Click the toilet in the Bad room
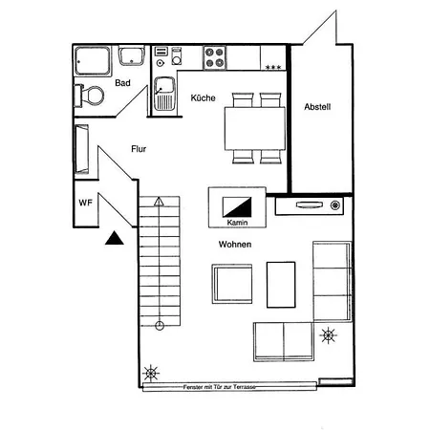90,96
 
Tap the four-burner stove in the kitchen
214,57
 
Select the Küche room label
203,97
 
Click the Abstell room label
317,107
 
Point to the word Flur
139,149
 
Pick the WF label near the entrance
85,203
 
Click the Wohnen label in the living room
235,245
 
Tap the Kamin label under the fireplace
237,223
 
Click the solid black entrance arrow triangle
115,238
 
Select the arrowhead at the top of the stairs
159,202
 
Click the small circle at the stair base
160,326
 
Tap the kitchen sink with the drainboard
164,94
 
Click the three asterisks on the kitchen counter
273,67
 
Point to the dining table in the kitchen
255,128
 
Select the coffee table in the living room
281,285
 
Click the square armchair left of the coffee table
232,284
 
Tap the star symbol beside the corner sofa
328,335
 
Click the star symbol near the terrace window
151,373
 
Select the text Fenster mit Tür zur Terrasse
220,387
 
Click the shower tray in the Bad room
93,61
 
